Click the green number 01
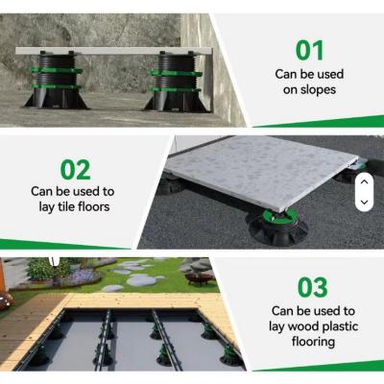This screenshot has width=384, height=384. [x=309, y=51]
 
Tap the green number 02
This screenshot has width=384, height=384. [x=76, y=170]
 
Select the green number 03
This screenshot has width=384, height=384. [x=313, y=287]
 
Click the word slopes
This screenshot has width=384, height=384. [x=318, y=90]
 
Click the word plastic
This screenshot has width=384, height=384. [x=340, y=326]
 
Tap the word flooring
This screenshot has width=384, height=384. [x=313, y=342]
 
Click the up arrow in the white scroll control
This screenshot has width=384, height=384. [x=364, y=182]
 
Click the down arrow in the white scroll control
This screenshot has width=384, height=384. [x=364, y=202]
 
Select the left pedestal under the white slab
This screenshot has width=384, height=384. [x=57, y=81]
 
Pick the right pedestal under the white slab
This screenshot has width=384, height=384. [x=176, y=82]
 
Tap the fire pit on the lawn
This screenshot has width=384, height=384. [x=199, y=277]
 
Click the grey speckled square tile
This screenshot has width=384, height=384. [x=261, y=174]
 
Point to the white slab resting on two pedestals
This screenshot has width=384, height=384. [x=114, y=51]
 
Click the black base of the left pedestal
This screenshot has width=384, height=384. [x=57, y=99]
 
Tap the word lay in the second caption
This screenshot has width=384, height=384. [x=45, y=207]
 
